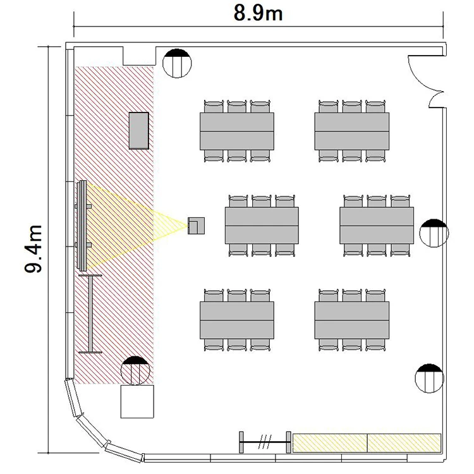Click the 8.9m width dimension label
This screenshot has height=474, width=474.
click(x=258, y=14)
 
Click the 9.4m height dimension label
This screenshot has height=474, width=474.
click(x=33, y=249)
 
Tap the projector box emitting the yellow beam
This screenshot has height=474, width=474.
click(x=196, y=226)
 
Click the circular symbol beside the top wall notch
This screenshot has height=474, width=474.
click(x=177, y=63)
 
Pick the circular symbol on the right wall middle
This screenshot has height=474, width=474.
click(x=434, y=233)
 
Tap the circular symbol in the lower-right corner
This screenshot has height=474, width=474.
click(x=429, y=378)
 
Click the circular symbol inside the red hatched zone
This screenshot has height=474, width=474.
click(x=135, y=370)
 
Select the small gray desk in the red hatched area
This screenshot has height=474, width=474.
click(x=139, y=131)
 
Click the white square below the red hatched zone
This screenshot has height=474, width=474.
click(x=137, y=401)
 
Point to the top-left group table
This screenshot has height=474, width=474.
click(x=237, y=131)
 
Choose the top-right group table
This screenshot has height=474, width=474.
click(x=352, y=131)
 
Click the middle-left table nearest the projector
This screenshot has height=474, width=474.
click(x=262, y=226)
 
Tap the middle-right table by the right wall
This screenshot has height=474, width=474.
click(x=377, y=226)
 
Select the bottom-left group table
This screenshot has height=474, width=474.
click(x=237, y=320)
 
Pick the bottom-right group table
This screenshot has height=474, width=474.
click(x=352, y=320)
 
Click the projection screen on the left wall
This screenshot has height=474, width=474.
click(x=82, y=225)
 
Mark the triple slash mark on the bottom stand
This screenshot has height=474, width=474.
click(x=265, y=442)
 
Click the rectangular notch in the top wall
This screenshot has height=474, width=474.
click(x=140, y=56)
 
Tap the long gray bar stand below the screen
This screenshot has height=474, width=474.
click(x=90, y=313)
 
